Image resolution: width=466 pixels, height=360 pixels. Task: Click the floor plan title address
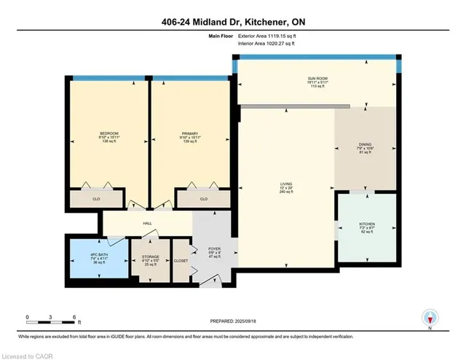(x=233, y=21)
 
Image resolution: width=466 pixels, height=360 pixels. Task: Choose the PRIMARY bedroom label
(x=189, y=133)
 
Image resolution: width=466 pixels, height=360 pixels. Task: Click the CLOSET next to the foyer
(x=181, y=260)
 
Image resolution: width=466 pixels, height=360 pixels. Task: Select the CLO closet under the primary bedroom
(x=203, y=199)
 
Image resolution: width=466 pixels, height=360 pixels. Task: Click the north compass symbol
(x=430, y=318)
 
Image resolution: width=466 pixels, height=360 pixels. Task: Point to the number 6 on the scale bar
(x=74, y=317)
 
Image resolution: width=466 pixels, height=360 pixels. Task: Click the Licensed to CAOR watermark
(x=28, y=354)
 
